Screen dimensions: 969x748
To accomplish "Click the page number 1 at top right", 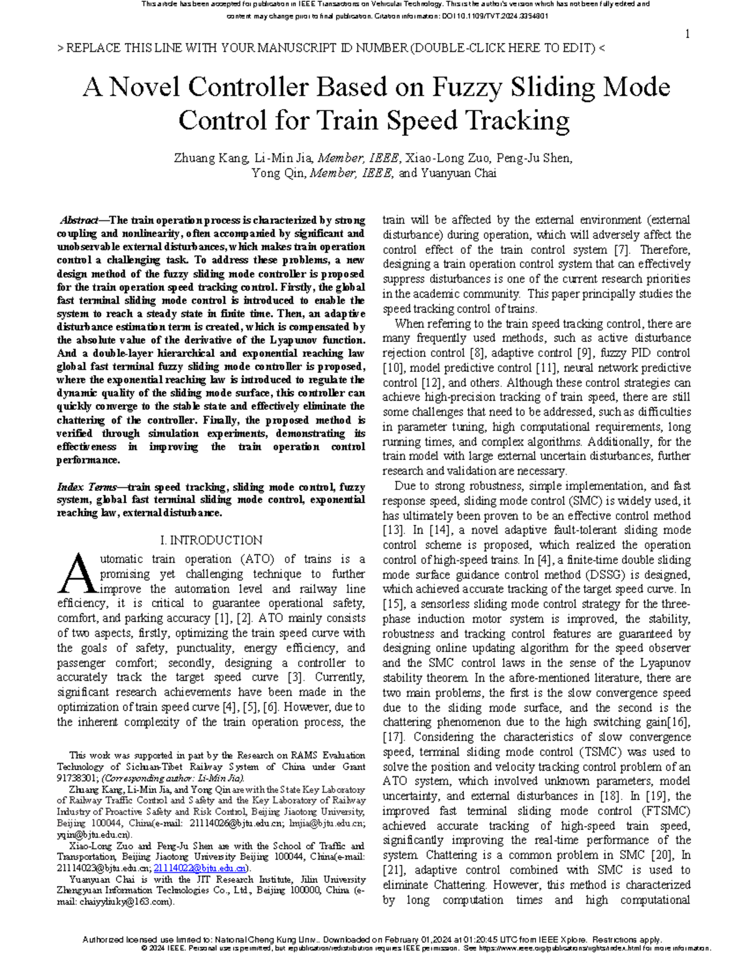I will [x=687, y=34].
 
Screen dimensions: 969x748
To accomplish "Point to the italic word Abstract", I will [x=79, y=220].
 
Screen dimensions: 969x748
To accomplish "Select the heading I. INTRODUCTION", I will [x=211, y=540].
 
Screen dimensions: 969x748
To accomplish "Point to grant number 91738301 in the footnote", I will [x=77, y=778].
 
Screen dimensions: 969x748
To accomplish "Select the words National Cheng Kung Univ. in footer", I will [x=271, y=940].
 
